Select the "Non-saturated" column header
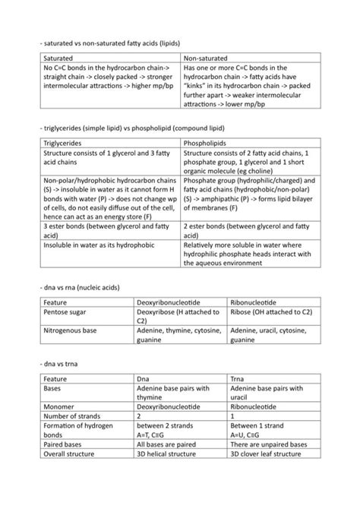tap(207, 58)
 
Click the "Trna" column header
tap(238, 378)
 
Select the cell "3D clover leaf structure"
tap(271, 454)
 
